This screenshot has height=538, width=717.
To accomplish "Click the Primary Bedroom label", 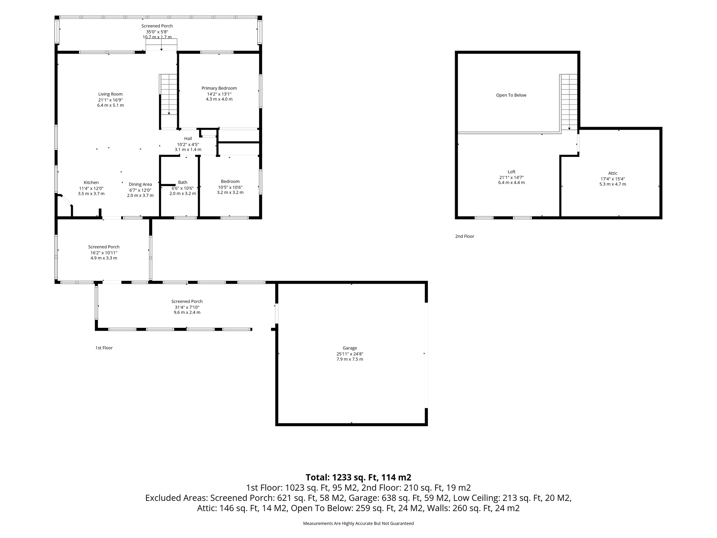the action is coord(219,88).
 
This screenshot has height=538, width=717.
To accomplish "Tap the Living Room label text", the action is coord(110,94).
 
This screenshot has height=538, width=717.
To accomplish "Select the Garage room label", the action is coord(350,348).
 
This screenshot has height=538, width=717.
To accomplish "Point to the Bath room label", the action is coord(183,182).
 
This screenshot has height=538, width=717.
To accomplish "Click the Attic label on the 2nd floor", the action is coord(613,173).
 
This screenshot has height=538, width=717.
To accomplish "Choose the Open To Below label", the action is coord(511,95).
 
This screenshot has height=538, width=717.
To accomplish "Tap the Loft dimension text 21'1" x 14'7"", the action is coord(511,178).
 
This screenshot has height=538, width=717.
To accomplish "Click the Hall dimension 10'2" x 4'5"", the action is coord(188,144).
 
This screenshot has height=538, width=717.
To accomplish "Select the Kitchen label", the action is coord(91,182).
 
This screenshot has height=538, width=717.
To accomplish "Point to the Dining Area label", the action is coord(140,185).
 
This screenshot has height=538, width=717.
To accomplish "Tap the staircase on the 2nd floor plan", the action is coord(568,102).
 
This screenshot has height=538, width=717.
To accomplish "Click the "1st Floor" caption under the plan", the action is coord(104,348).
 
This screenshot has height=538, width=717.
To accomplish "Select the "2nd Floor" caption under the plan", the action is coord(465,236).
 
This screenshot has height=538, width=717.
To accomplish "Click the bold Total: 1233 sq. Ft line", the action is coord(358,477).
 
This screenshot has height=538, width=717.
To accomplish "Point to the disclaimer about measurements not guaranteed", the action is coord(358,524).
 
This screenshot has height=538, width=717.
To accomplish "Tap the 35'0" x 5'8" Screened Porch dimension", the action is coord(157,32).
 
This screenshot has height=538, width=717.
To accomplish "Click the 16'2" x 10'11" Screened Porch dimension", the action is coord(104,253).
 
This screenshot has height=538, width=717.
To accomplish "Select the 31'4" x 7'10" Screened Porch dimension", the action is coord(187,307).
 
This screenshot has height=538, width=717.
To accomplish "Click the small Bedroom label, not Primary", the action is coord(230,181).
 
